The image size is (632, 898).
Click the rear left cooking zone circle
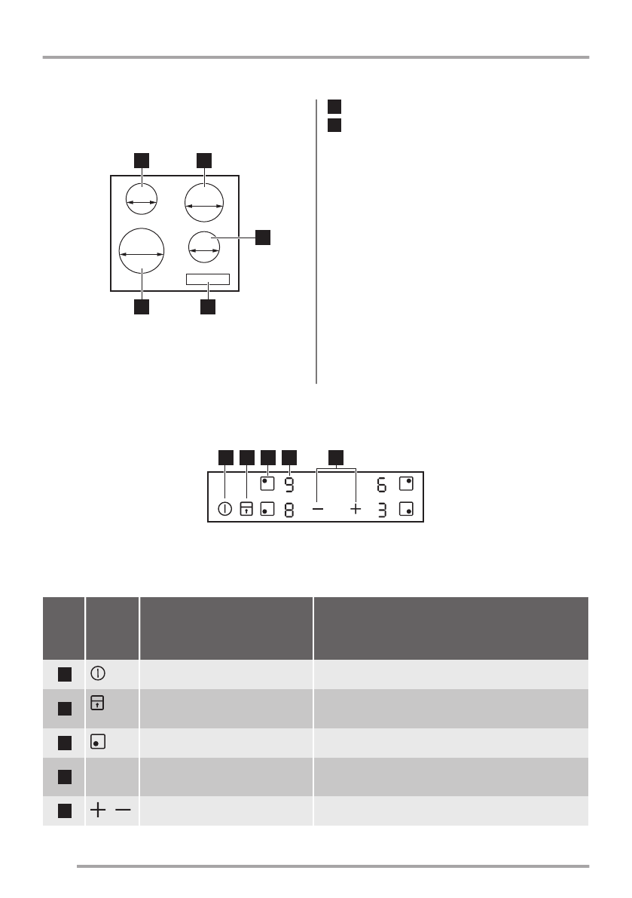(x=142, y=202)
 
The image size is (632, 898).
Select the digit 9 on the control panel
(x=290, y=483)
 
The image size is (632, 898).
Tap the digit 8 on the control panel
(x=290, y=510)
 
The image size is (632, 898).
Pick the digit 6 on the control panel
(x=382, y=483)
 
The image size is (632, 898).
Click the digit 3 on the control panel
(x=382, y=510)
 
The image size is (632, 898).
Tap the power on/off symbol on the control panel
(x=224, y=509)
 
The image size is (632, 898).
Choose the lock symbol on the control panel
(x=246, y=509)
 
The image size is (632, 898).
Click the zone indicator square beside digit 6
(x=407, y=483)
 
